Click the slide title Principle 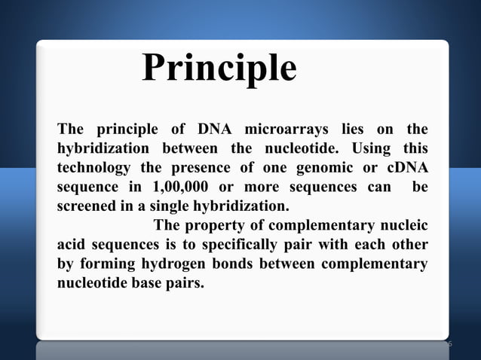(x=219, y=69)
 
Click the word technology (x=97, y=165)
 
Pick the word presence (x=204, y=165)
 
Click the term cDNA (x=404, y=165)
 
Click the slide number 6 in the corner (x=449, y=344)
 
